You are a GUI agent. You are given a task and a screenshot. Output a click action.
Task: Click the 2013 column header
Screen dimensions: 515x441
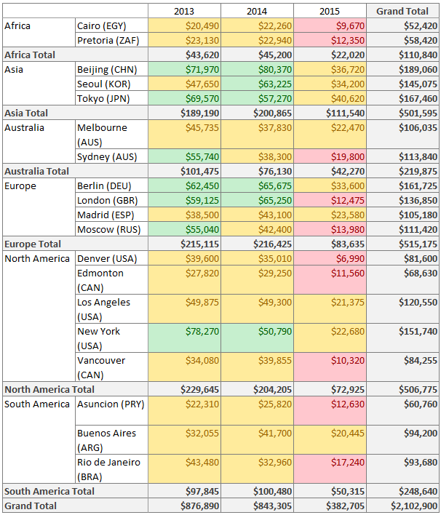coord(184,11)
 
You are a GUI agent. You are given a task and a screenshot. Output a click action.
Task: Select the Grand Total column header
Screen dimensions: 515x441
coord(402,11)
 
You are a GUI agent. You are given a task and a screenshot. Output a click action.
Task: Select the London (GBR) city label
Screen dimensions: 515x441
coord(106,200)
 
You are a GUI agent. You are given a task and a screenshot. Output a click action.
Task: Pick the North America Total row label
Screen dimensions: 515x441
coord(49,389)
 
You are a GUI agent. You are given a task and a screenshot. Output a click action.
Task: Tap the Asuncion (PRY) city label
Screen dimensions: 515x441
coord(110,404)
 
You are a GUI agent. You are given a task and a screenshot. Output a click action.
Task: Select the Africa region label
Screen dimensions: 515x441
coord(18,25)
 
